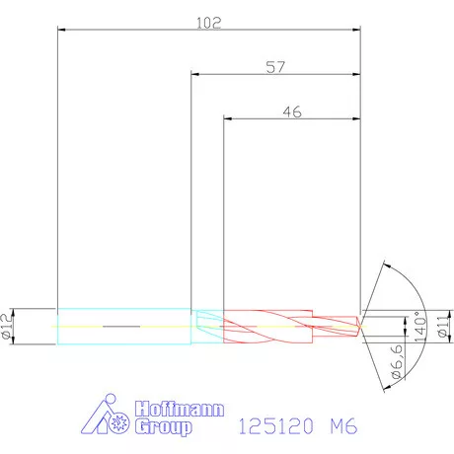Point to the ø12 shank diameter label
tap(7, 325)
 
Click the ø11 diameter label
tap(443, 325)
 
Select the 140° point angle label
tap(417, 326)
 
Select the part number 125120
tap(276, 427)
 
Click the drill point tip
tap(360, 325)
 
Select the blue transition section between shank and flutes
tap(207, 325)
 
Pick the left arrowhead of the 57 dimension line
tap(195, 74)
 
